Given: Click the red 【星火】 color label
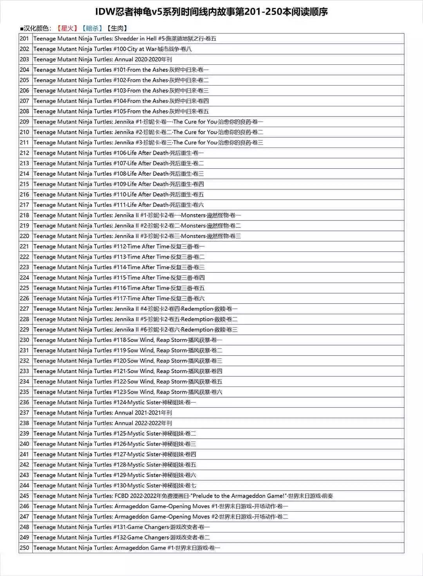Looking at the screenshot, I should click(x=67, y=28).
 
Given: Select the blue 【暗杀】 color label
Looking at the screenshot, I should click(x=92, y=28).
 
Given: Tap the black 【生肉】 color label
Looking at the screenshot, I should click(x=117, y=28).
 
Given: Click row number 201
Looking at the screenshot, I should click(x=25, y=38).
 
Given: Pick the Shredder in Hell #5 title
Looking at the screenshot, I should click(x=125, y=38).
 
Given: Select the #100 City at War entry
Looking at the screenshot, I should click(x=112, y=49).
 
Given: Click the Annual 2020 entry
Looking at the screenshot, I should click(x=103, y=59).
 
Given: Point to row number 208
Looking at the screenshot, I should click(x=25, y=111).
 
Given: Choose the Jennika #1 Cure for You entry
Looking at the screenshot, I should click(x=148, y=122).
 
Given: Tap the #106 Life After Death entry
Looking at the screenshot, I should click(x=118, y=153).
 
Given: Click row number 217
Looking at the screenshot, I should click(x=25, y=205).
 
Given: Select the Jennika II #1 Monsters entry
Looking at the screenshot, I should click(x=137, y=215).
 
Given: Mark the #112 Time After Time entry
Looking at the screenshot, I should click(x=119, y=246).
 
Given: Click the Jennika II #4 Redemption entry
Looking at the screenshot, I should click(x=136, y=309).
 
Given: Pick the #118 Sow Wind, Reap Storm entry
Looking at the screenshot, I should click(x=128, y=340).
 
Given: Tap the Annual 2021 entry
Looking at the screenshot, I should click(x=103, y=413).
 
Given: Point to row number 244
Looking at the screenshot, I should click(x=25, y=485).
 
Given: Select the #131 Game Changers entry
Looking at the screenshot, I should click(x=121, y=527).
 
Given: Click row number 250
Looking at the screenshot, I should click(x=25, y=548).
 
